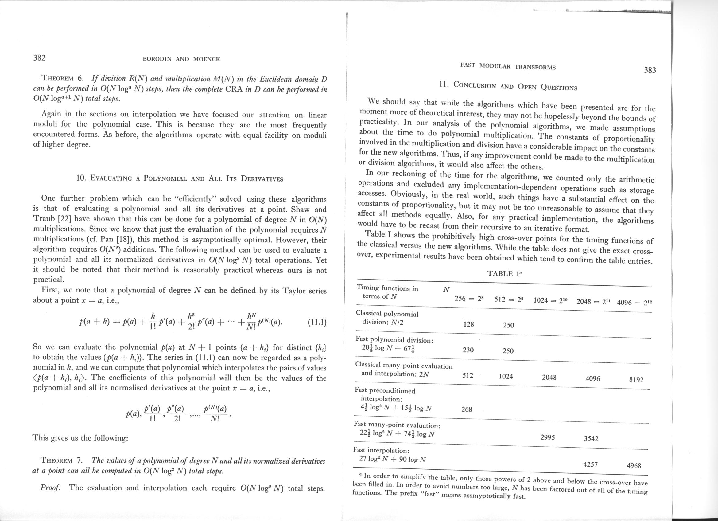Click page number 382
40,58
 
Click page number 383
650,70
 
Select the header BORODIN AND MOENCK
181,59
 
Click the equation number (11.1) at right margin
316,323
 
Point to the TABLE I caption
504,274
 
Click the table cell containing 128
468,324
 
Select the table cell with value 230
468,350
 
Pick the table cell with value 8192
636,379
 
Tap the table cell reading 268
467,409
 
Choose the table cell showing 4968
634,466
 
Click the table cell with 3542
591,439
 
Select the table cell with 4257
590,464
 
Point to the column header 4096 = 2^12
635,303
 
